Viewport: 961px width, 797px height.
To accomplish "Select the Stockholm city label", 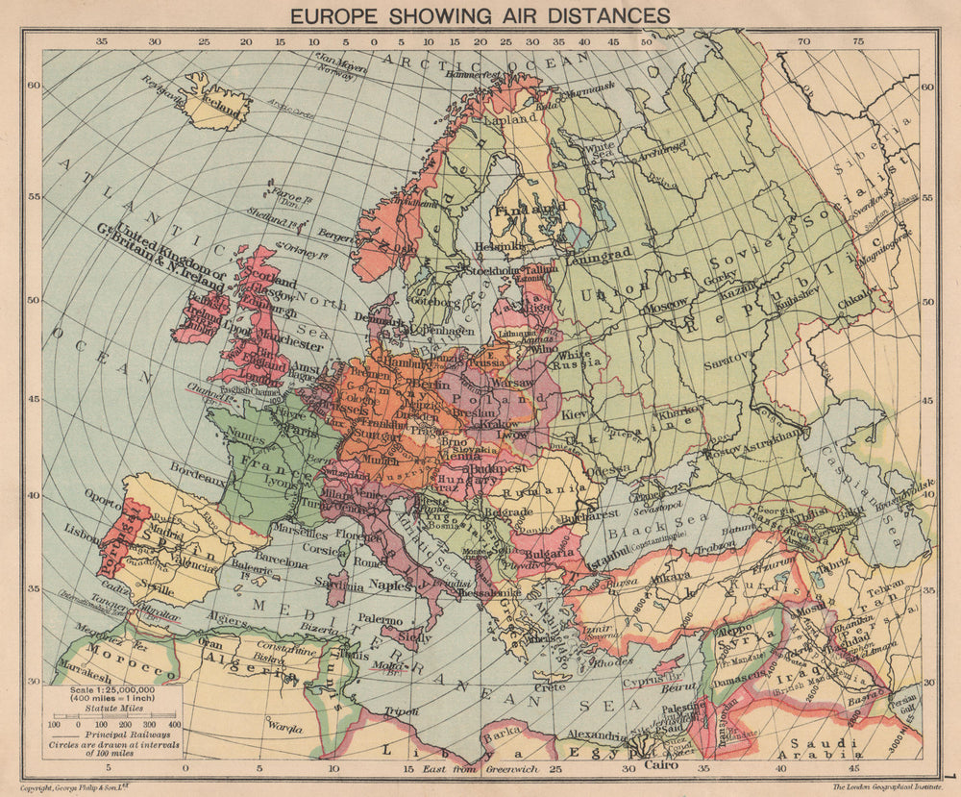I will point(465,270).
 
